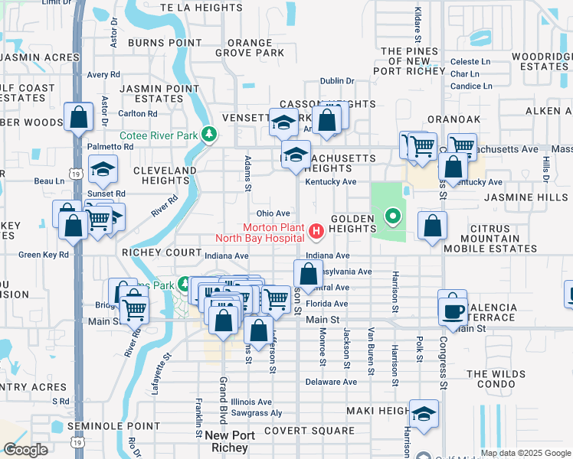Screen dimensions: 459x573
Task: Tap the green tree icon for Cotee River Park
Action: click(208, 135)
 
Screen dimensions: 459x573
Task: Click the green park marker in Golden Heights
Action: click(393, 217)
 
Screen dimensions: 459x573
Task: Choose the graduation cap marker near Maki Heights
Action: click(424, 414)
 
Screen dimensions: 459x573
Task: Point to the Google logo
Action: click(26, 450)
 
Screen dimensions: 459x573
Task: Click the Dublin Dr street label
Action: click(337, 81)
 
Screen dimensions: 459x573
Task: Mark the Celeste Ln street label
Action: click(470, 61)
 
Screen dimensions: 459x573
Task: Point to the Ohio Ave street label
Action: click(273, 213)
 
